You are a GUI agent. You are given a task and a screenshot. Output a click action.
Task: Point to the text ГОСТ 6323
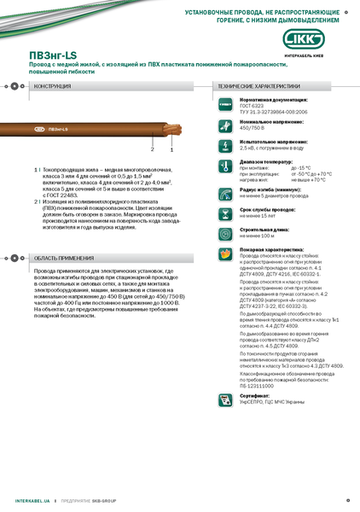tap(253, 105)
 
